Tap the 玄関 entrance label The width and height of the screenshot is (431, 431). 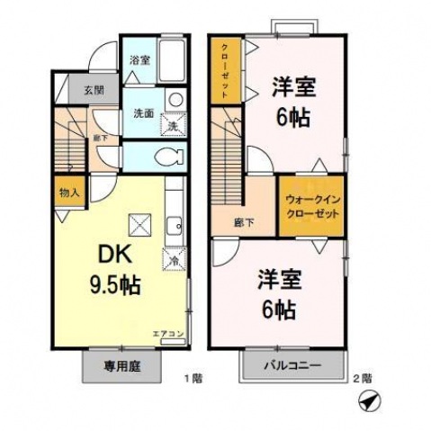click(x=93, y=90)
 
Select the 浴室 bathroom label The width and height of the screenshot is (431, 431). click(x=139, y=60)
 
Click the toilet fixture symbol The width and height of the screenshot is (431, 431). click(x=168, y=157)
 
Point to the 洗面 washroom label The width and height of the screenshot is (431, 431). click(x=144, y=114)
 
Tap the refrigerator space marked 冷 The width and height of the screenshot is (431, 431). click(x=174, y=259)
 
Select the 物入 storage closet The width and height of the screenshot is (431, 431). click(x=69, y=192)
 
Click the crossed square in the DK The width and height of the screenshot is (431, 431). click(x=139, y=221)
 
